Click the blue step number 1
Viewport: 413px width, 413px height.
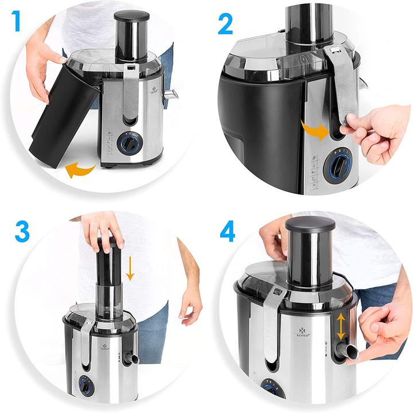click(x=17, y=22)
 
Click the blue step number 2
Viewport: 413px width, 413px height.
click(x=225, y=24)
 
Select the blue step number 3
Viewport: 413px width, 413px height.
click(x=22, y=232)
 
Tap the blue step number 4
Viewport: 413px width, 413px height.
click(x=227, y=232)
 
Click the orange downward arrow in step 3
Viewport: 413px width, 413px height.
click(x=130, y=268)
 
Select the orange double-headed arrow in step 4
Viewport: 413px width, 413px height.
click(x=341, y=328)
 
